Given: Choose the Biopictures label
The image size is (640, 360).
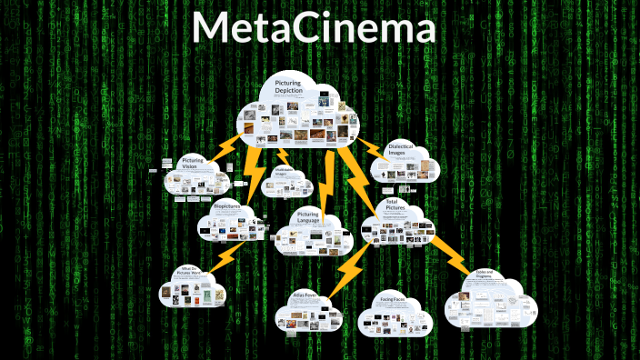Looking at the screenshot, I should coord(225,207).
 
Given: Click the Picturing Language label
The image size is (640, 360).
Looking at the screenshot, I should coord(308,218).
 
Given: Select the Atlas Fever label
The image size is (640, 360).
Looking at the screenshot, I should coord(303,295).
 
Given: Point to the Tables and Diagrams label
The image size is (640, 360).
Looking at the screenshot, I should coord(485,274).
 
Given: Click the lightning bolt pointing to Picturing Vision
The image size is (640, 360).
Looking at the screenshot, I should coord(219,149).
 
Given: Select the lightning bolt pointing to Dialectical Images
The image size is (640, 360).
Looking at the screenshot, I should coord(371,147).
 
